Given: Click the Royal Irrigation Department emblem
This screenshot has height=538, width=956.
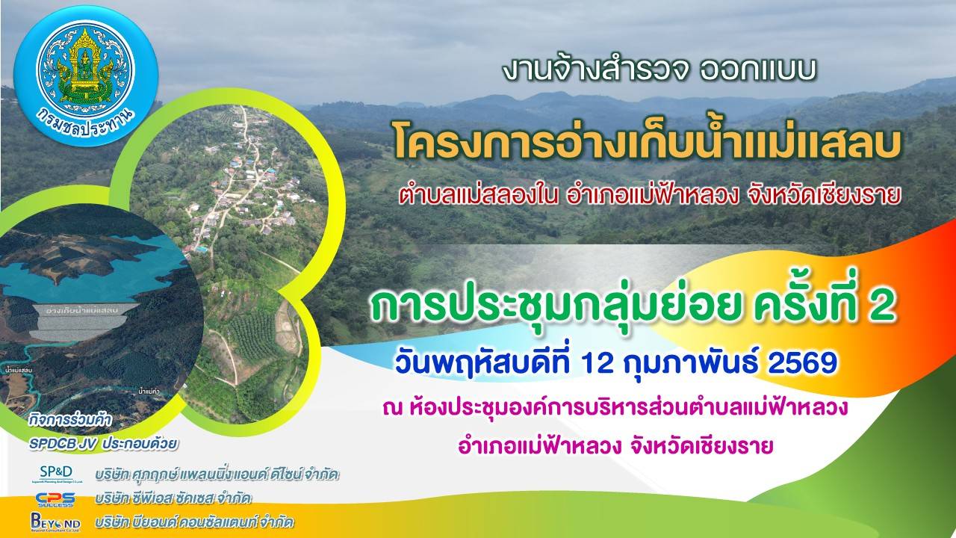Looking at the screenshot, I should (x=85, y=75).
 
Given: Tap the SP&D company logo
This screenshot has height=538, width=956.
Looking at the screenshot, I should (x=57, y=474).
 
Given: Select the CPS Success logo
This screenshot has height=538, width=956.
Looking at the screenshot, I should (x=55, y=498).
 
